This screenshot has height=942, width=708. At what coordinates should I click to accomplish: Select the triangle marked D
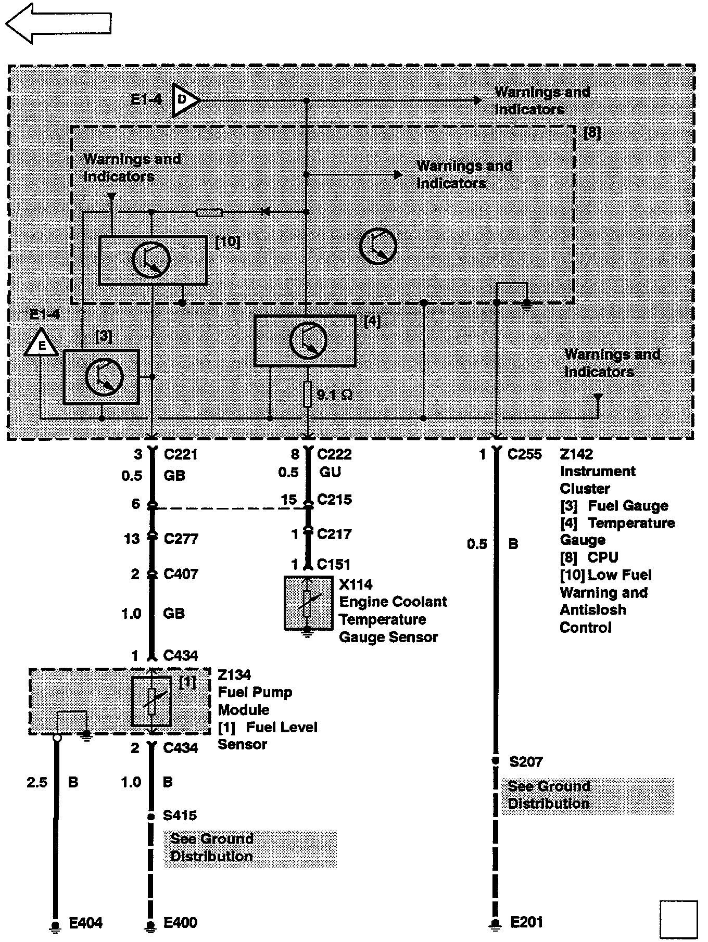184,99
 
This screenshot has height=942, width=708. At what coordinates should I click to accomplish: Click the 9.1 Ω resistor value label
335,395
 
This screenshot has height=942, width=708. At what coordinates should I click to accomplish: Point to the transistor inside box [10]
151,260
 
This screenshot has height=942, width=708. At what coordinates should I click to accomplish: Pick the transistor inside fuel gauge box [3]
104,377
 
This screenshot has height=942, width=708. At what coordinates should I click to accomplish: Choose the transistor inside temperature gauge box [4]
308,341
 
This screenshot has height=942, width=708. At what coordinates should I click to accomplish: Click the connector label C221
180,454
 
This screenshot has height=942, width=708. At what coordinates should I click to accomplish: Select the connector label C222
334,454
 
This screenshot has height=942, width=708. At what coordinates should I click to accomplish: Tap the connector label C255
524,454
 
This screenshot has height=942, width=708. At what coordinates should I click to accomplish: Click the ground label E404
86,923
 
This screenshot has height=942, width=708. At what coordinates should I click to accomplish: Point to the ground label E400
180,923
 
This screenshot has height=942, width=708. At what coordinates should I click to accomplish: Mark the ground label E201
526,922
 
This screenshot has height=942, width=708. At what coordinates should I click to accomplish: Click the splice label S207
526,762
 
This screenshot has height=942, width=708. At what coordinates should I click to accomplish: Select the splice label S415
180,816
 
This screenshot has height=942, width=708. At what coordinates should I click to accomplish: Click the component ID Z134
234,675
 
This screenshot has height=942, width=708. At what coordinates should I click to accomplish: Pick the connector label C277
181,538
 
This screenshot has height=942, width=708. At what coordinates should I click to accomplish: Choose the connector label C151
334,564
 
